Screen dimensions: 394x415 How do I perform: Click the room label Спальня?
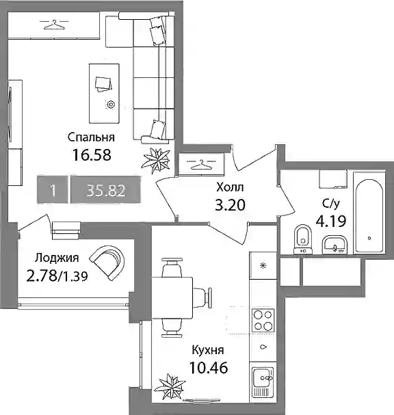[91, 137]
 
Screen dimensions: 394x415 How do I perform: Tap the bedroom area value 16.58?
[92, 155]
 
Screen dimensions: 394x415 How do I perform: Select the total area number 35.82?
[105, 190]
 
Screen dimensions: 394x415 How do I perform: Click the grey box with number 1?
[53, 190]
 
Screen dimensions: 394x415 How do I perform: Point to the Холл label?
[230, 187]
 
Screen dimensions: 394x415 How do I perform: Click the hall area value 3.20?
[230, 205]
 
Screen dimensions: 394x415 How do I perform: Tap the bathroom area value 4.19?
[331, 222]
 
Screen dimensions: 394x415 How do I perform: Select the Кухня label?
[208, 350]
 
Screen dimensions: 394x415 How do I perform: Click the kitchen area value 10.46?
[209, 368]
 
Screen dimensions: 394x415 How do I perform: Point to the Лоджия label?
[57, 258]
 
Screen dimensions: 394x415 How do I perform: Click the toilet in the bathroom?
[303, 239]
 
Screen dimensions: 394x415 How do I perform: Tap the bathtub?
[369, 216]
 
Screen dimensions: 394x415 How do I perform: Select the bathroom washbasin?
[334, 245]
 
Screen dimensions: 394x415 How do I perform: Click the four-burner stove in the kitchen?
[263, 320]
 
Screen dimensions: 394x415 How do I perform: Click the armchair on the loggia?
[108, 263]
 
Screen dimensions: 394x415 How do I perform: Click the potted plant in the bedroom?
[156, 161]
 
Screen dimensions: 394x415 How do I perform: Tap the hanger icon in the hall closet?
[201, 164]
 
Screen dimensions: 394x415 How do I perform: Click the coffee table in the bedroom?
[104, 94]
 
